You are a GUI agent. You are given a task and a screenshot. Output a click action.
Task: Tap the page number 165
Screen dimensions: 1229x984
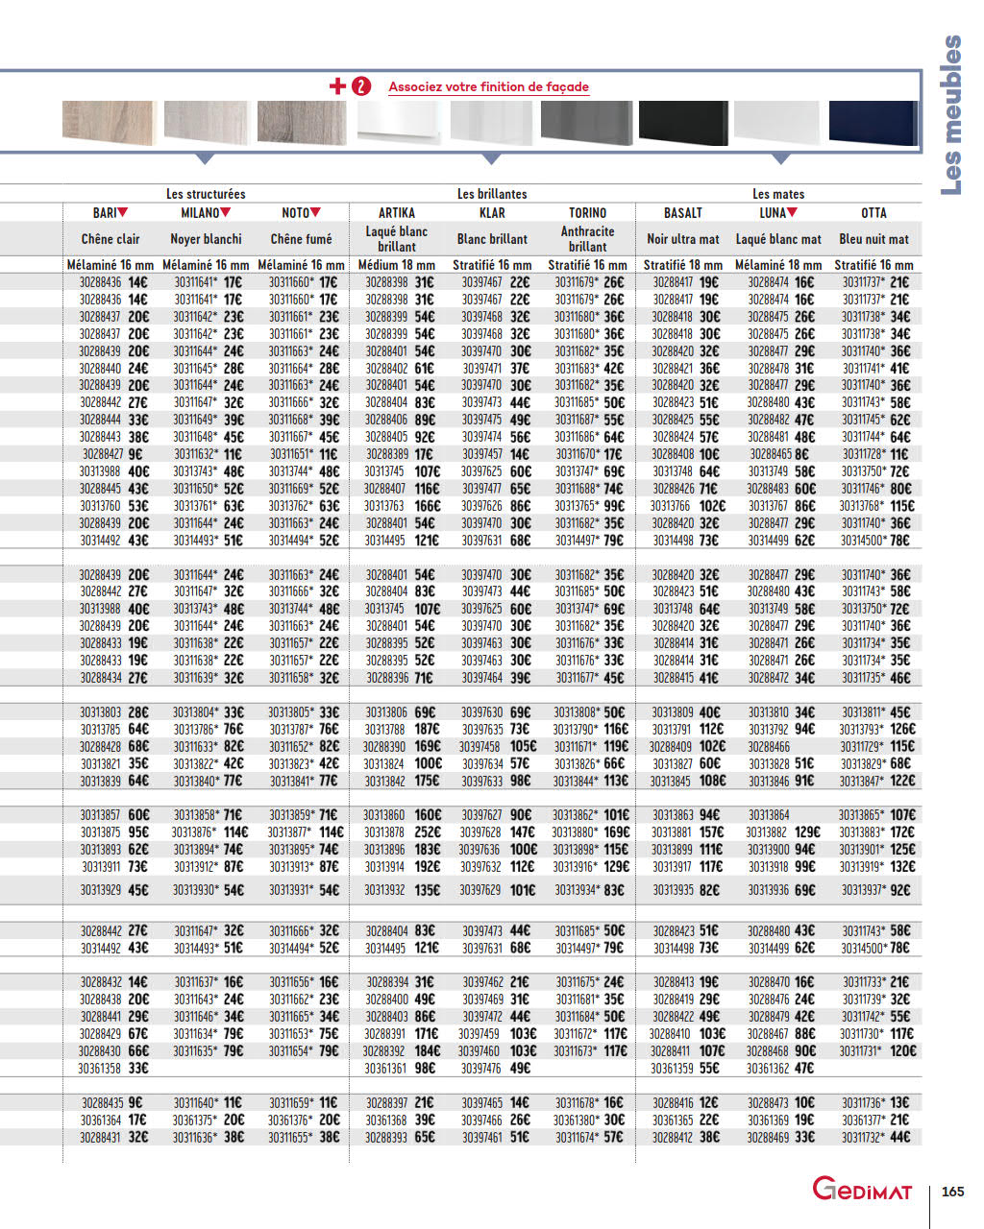[x=952, y=1192]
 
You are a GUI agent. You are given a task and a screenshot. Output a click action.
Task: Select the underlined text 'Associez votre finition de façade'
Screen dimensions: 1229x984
[x=488, y=86]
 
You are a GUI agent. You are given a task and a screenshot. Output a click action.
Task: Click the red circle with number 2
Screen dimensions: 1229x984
[x=360, y=86]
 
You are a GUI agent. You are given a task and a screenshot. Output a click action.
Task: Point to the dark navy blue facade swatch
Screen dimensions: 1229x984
[x=873, y=123]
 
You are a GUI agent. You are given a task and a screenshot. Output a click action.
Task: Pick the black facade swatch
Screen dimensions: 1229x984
[x=683, y=123]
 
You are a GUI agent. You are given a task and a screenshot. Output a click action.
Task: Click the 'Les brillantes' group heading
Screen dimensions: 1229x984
[x=492, y=194]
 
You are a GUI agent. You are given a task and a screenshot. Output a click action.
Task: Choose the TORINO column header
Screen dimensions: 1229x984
[x=587, y=213]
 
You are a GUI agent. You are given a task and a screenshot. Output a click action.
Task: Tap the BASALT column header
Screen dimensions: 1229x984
[x=683, y=213]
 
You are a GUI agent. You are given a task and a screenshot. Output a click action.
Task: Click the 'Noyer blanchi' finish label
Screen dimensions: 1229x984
[x=206, y=239]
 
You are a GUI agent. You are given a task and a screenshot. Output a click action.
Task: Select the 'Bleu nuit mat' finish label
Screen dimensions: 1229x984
[x=873, y=239]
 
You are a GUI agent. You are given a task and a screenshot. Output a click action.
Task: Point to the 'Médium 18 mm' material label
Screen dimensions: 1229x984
[x=397, y=265]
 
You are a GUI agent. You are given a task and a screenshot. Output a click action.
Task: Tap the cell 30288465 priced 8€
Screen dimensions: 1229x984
[x=779, y=454]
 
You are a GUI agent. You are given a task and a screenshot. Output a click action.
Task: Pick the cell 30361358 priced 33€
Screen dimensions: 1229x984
[x=113, y=1068]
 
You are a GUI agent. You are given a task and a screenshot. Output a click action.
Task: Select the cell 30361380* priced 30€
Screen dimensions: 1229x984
[x=588, y=1120]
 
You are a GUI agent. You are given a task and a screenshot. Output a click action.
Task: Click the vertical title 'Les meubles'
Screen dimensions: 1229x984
[x=950, y=115]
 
